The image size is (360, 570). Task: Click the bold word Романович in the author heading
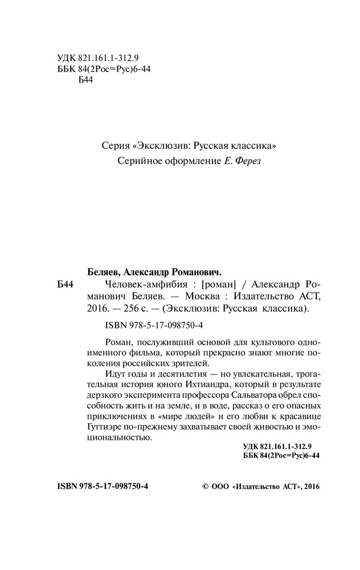(x=196, y=271)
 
